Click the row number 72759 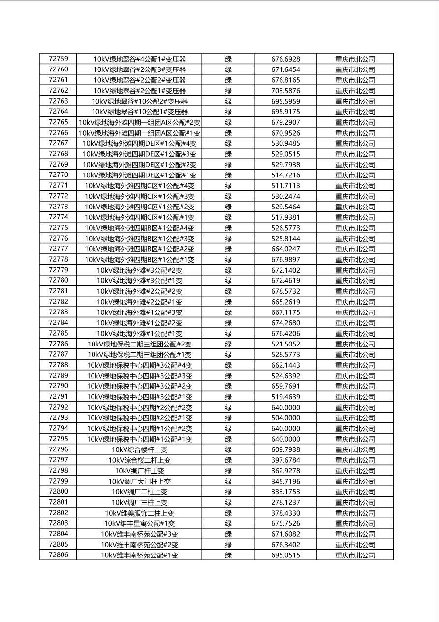[59, 59]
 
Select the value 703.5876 [285, 91]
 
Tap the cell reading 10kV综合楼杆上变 [140, 449]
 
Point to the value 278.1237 [285, 502]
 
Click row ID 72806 [59, 555]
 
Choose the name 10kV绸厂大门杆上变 [140, 481]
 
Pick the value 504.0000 [285, 418]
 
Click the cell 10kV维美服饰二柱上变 [140, 513]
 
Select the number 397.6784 [285, 460]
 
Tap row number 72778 [59, 259]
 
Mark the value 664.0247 [285, 249]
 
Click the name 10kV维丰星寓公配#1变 [140, 523]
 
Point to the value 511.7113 [285, 186]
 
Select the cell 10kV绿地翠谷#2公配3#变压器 [140, 69]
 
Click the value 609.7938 [285, 449]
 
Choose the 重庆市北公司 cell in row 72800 [355, 492]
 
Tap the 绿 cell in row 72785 [228, 333]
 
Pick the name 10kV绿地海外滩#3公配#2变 [140, 270]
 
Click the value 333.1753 [285, 492]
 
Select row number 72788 [59, 365]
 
